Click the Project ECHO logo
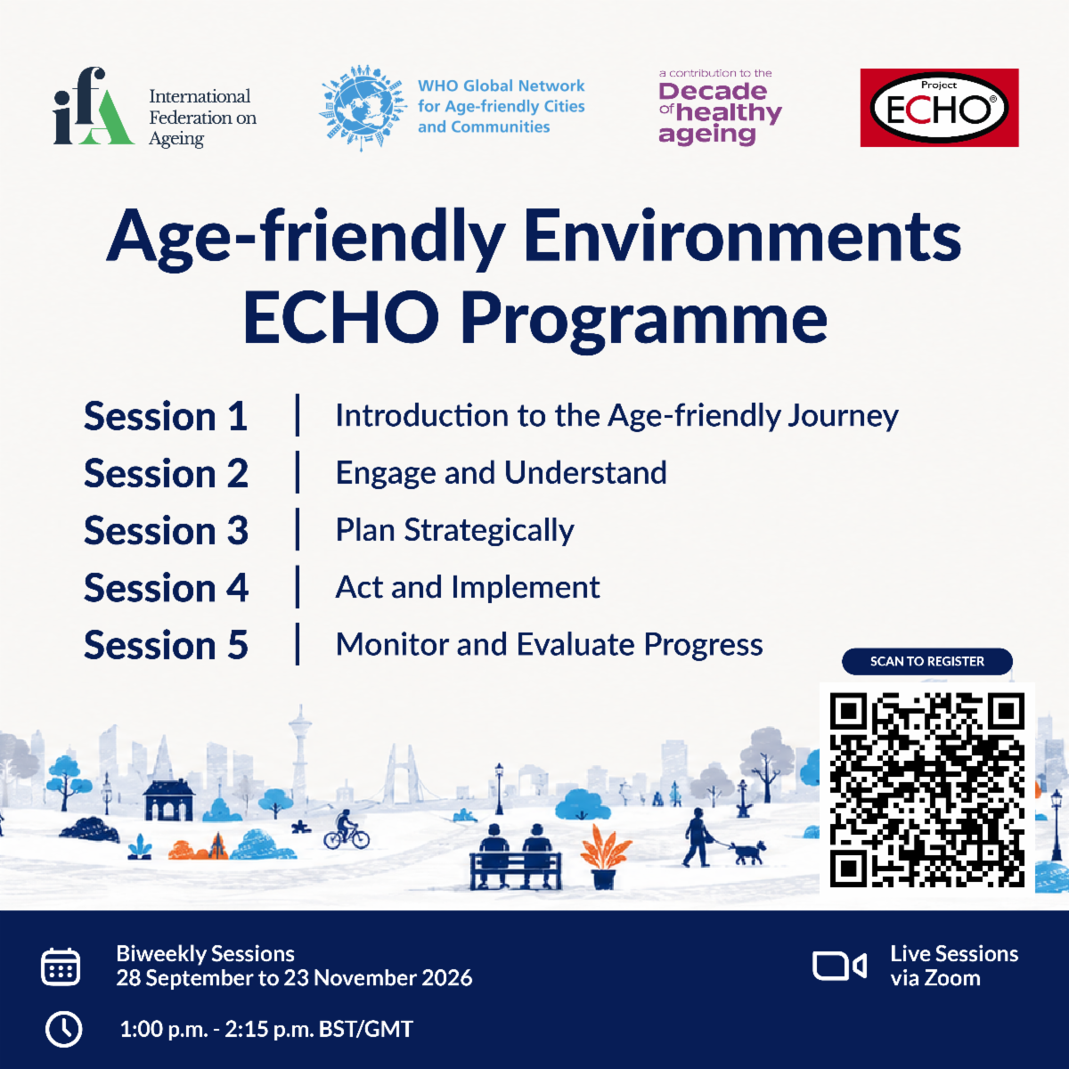pyautogui.click(x=939, y=108)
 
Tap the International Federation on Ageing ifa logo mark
pyautogui.click(x=94, y=106)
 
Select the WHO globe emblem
pyautogui.click(x=363, y=108)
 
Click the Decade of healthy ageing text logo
pyautogui.click(x=720, y=108)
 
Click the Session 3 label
pyautogui.click(x=166, y=530)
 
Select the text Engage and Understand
pyautogui.click(x=501, y=473)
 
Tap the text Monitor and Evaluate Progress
pyautogui.click(x=550, y=645)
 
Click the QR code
pyautogui.click(x=927, y=789)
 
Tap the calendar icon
pyautogui.click(x=61, y=967)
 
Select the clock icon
pyautogui.click(x=63, y=1030)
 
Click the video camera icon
pyautogui.click(x=839, y=967)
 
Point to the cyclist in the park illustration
pyautogui.click(x=347, y=830)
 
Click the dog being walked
pyautogui.click(x=747, y=852)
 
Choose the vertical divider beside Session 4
pyautogui.click(x=298, y=587)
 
